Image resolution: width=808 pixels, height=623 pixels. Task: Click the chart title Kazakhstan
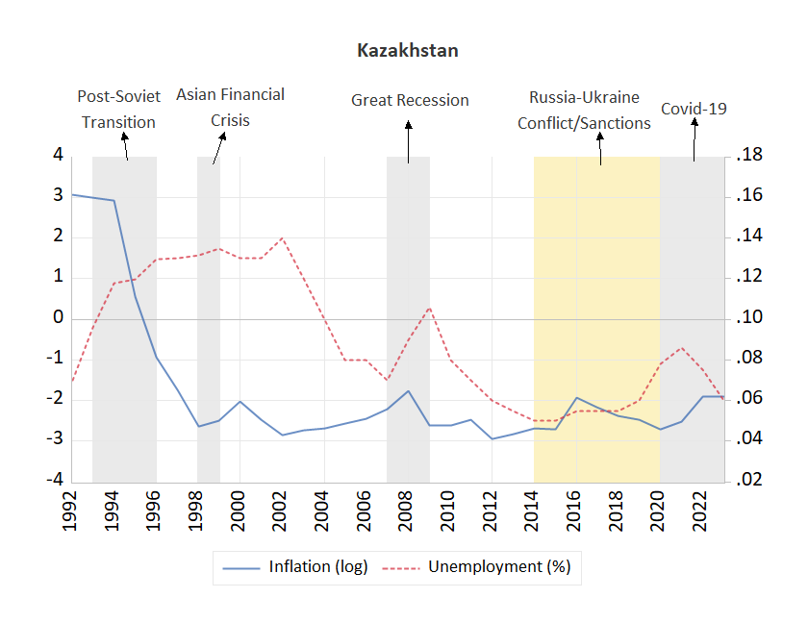pos(407,51)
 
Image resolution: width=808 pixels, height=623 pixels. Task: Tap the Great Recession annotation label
pos(410,100)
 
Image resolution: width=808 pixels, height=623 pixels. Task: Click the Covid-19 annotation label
pos(694,109)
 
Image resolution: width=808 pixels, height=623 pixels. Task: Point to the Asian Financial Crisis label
pos(230,108)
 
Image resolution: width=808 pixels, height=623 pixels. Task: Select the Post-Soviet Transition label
pos(118,110)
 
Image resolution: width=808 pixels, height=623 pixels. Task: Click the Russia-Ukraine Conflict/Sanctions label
pos(584,111)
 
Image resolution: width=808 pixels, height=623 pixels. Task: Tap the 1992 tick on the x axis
pos(71,509)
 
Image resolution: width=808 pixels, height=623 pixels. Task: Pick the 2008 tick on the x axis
pos(408,509)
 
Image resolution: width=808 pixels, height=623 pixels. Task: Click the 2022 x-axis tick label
pos(702,509)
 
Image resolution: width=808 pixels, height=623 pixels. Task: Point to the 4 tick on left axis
pos(58,155)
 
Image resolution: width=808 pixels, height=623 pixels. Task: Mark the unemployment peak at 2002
pos(282,237)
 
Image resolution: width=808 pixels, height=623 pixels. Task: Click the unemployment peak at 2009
pos(429,308)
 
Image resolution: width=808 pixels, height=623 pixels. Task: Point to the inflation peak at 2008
pos(408,391)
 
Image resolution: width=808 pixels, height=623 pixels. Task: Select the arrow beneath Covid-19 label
pos(694,141)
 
